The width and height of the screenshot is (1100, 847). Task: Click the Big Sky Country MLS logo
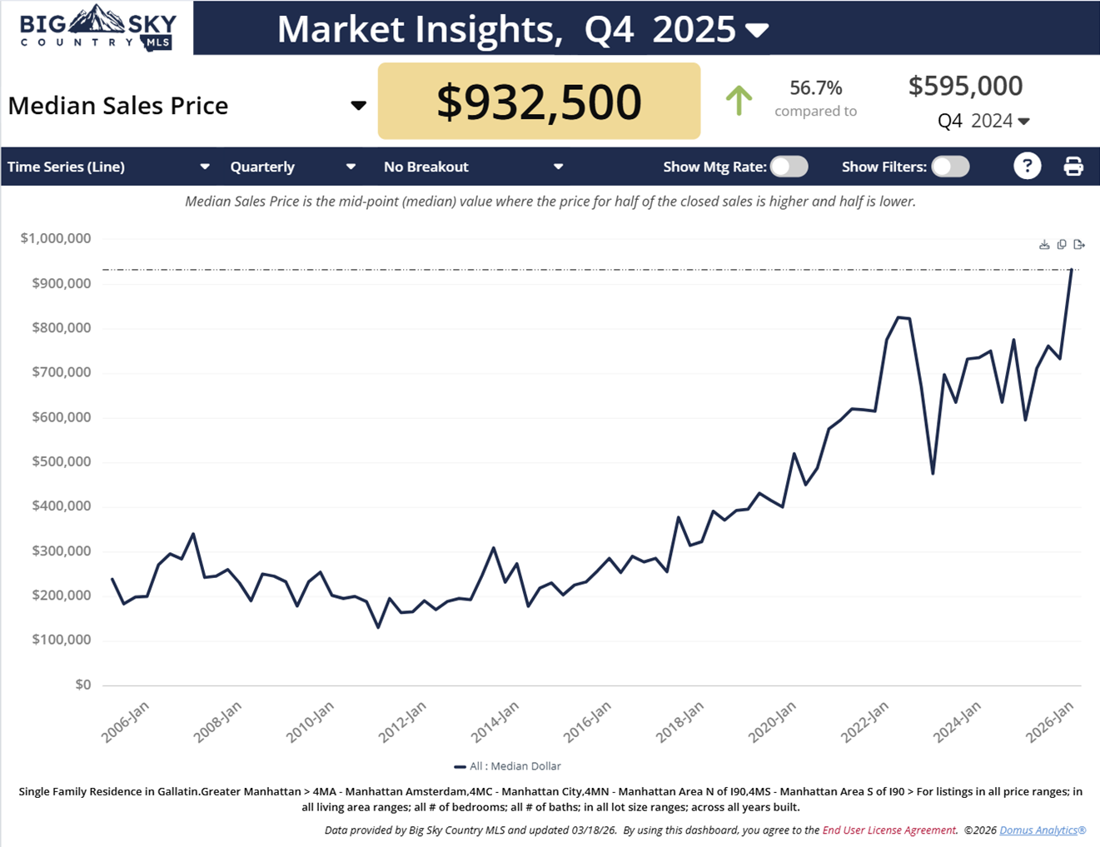tap(97, 28)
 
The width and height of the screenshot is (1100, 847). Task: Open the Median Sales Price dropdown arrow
tap(358, 106)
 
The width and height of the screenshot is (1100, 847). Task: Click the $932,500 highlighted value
tap(539, 102)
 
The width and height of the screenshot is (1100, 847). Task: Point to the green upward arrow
tap(739, 101)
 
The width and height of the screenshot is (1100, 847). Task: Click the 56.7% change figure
tap(815, 87)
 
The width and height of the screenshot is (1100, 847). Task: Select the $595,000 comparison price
tap(965, 86)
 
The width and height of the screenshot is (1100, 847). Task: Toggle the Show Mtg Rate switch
tap(789, 167)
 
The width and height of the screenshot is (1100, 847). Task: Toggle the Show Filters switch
tap(950, 167)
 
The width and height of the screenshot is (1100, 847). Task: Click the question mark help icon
tap(1028, 167)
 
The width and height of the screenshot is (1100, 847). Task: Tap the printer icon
tap(1073, 167)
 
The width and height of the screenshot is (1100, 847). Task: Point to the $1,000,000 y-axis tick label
tap(56, 238)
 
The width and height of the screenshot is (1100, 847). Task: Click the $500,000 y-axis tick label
tap(61, 461)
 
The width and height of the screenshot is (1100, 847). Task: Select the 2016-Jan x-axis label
tap(587, 721)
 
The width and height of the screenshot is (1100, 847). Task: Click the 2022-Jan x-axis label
tap(864, 721)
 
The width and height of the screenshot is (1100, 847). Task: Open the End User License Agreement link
tap(888, 830)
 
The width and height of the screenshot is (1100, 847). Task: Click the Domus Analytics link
tap(1043, 830)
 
